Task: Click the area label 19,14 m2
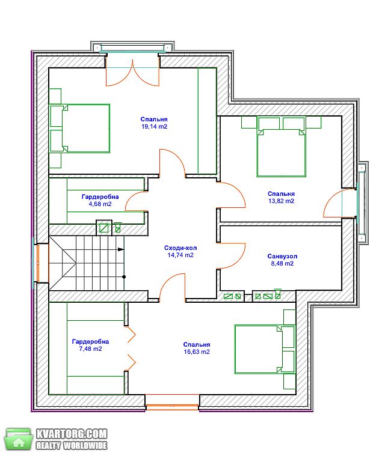[154, 127]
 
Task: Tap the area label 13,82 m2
[282, 201]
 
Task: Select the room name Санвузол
[282, 257]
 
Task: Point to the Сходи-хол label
[180, 248]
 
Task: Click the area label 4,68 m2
[100, 204]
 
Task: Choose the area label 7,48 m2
[90, 348]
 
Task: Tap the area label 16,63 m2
[197, 351]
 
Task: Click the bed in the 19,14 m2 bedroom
[79, 129]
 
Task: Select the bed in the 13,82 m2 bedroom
[282, 147]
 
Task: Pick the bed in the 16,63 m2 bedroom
[265, 350]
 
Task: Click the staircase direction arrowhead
[121, 249]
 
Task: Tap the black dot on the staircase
[124, 277]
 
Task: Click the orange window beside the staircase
[38, 263]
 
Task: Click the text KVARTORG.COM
[72, 434]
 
